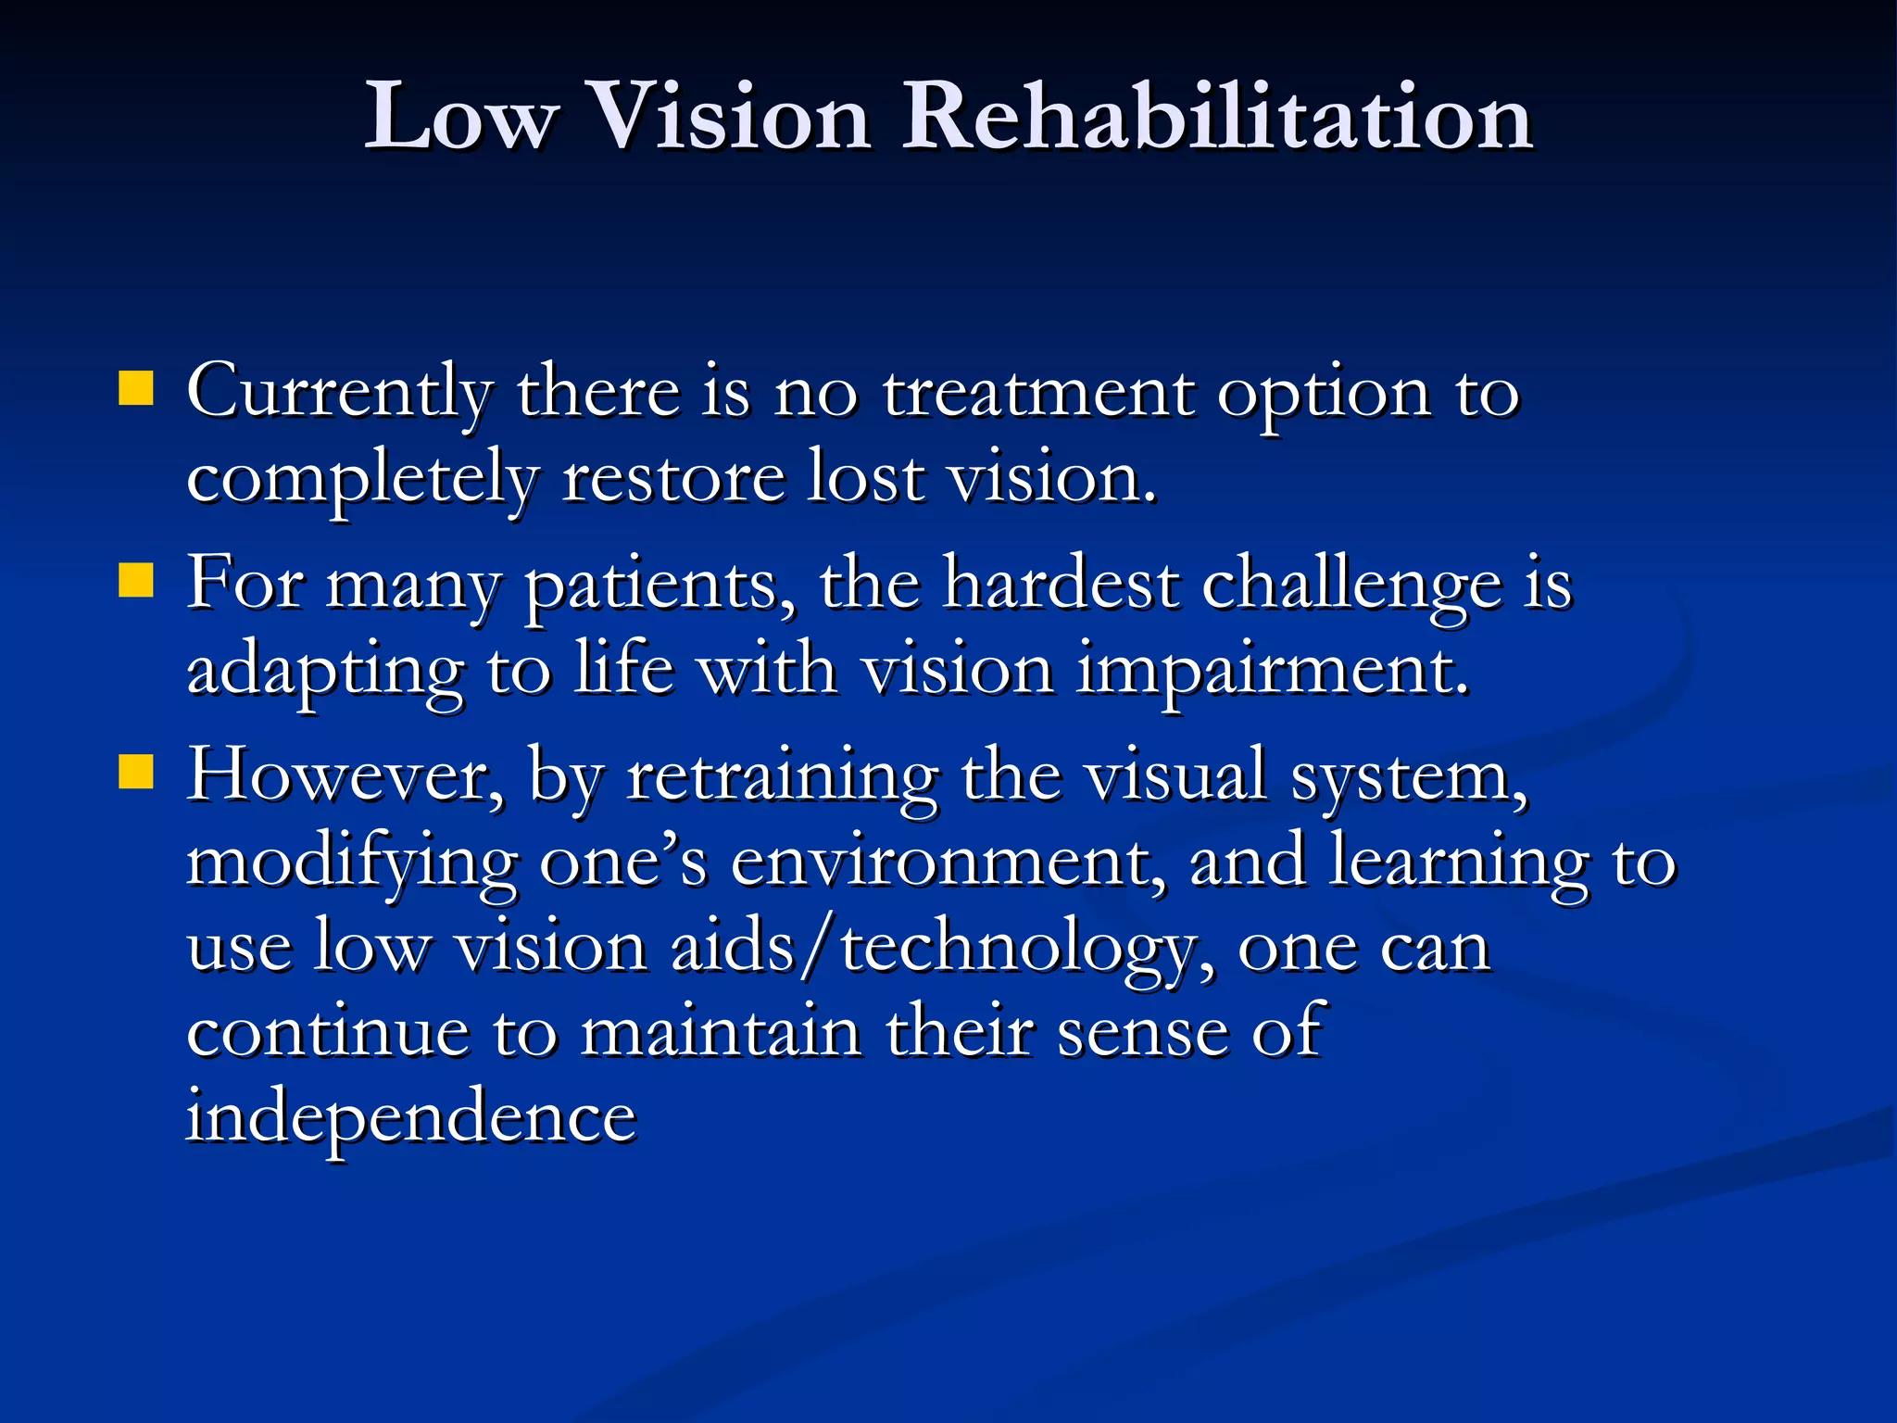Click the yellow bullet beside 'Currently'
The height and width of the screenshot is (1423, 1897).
click(x=136, y=389)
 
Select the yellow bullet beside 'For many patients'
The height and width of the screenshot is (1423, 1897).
click(x=136, y=582)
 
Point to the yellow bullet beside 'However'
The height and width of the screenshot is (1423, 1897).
click(x=136, y=772)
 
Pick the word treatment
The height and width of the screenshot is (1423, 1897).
click(x=1037, y=393)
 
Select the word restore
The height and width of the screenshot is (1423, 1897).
click(x=673, y=478)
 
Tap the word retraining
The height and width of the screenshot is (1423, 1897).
click(x=783, y=776)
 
